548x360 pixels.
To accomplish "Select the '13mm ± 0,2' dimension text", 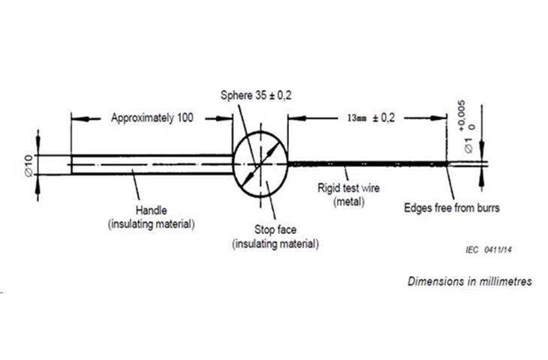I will pos(371,118).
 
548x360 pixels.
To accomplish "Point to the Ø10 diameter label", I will pos(29,164).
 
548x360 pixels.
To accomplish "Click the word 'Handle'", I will pos(151,210).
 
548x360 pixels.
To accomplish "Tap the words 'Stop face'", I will pos(275,230).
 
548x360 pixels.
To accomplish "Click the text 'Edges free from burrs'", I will pos(452,208).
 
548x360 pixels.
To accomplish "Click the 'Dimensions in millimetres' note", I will pos(469,281).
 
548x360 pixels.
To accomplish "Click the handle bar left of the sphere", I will pos(150,164).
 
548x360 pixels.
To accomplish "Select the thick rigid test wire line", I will pos(368,163).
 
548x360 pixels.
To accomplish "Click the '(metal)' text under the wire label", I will pos(349,201).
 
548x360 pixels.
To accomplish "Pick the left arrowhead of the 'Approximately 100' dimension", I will pos(77,118).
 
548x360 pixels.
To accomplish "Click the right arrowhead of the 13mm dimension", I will pos(441,118).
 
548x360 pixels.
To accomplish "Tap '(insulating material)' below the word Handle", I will pos(151,223).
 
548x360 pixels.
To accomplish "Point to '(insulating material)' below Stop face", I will pos(275,244).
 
